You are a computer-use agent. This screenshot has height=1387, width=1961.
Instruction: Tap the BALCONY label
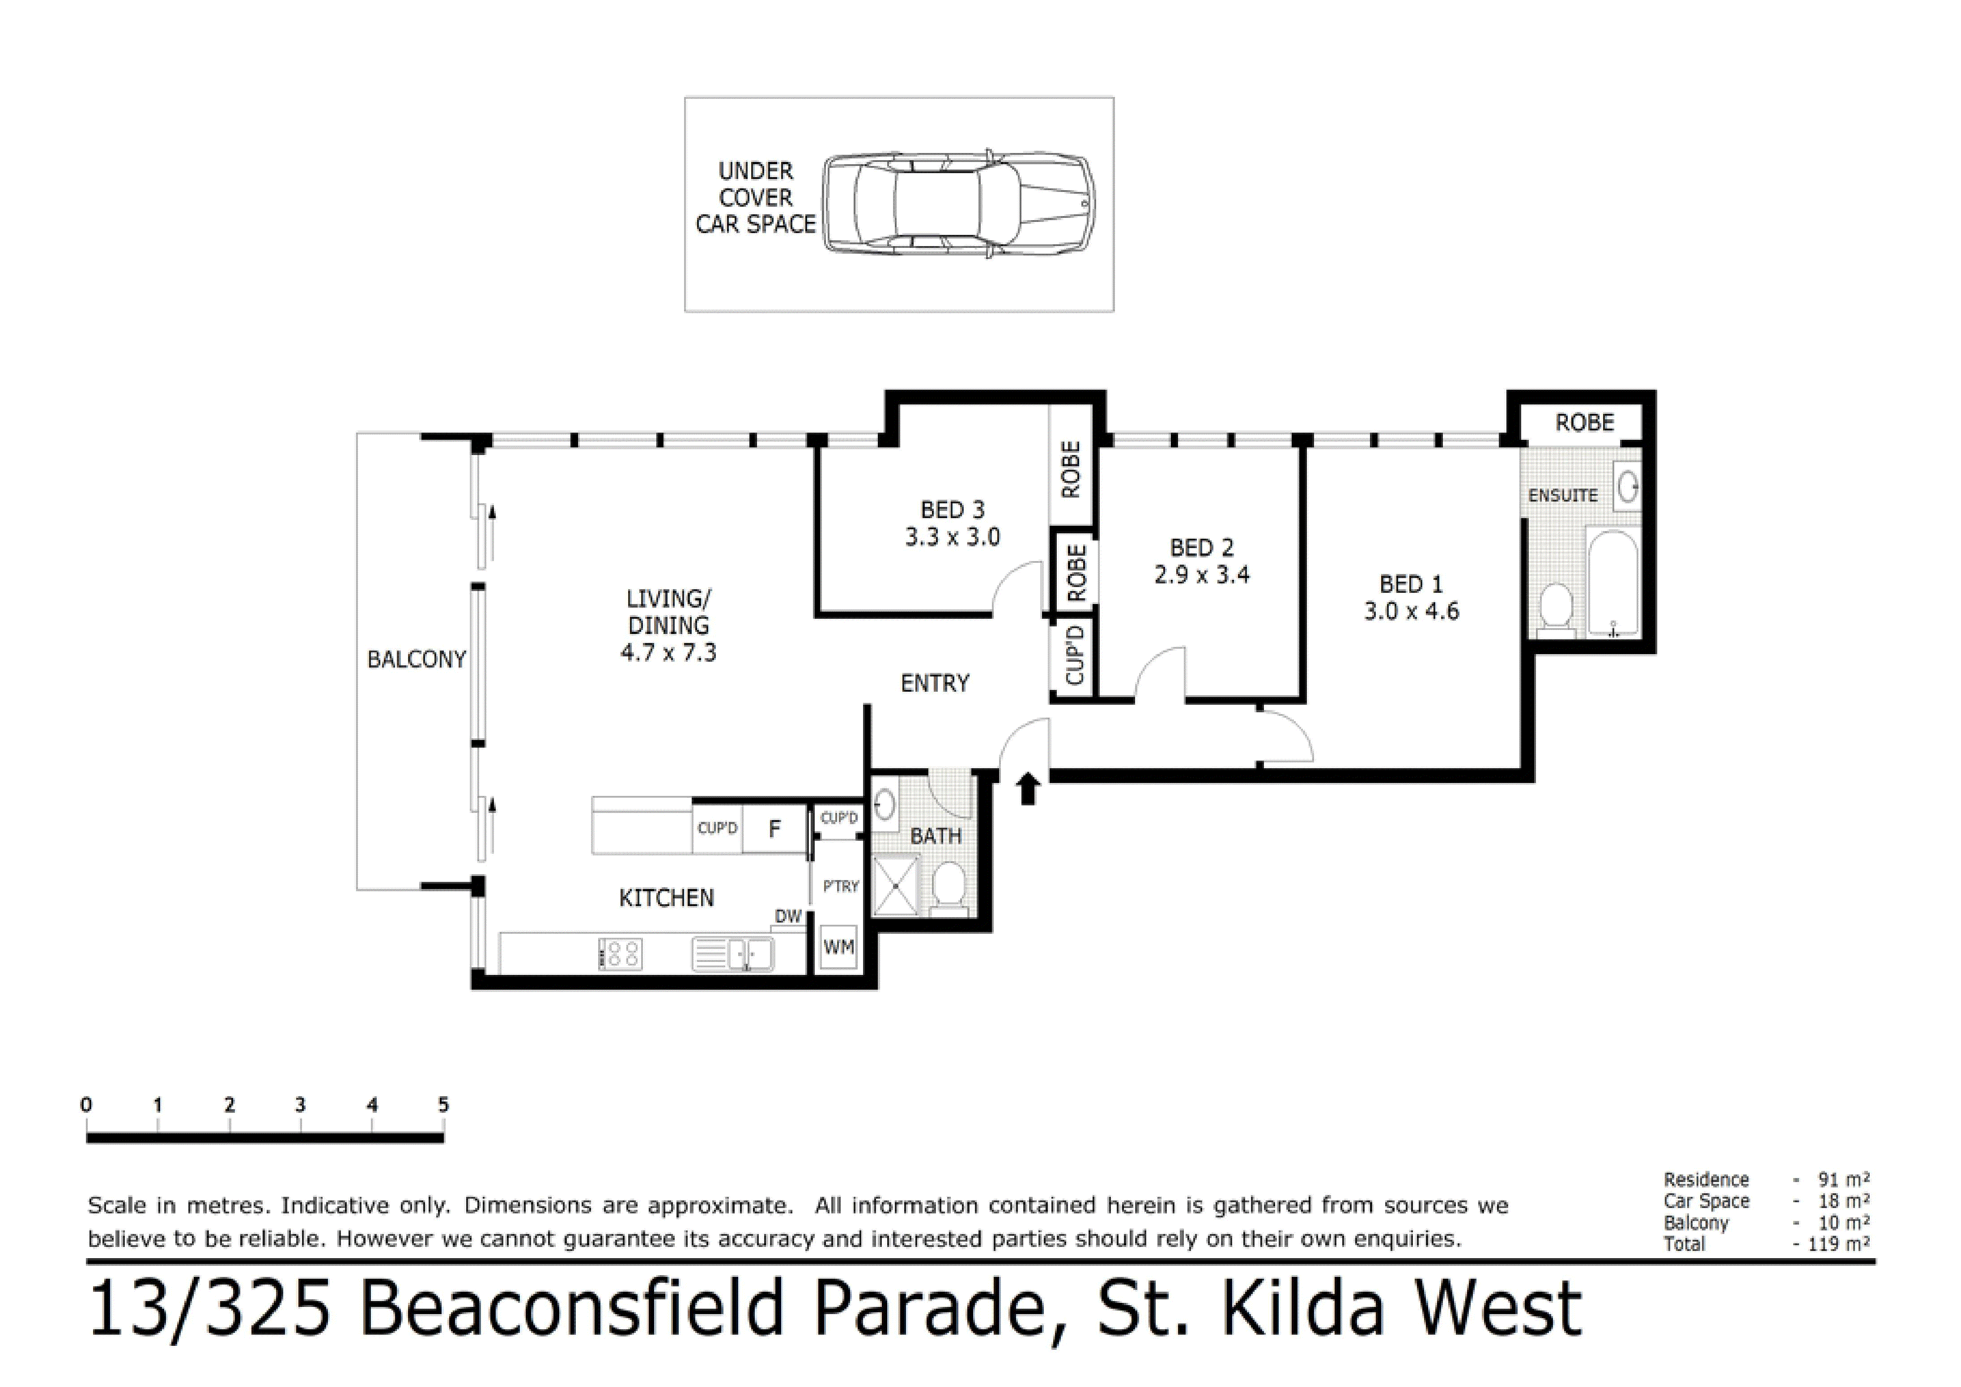coord(416,659)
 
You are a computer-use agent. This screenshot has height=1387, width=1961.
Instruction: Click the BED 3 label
coord(953,510)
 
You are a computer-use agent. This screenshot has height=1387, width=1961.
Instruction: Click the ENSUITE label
coord(1562,495)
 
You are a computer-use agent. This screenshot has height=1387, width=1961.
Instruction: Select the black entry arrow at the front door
coord(1028,788)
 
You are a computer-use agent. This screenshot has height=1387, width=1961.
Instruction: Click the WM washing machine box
coord(838,947)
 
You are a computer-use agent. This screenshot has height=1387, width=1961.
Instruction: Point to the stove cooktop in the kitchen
coord(621,954)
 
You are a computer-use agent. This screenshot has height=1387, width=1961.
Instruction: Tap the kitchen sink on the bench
coord(733,954)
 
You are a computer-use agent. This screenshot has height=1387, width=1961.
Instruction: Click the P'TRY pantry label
coord(840,886)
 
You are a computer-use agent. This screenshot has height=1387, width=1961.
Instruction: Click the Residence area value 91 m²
coord(1843,1179)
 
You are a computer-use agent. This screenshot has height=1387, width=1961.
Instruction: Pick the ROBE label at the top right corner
coord(1584,423)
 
